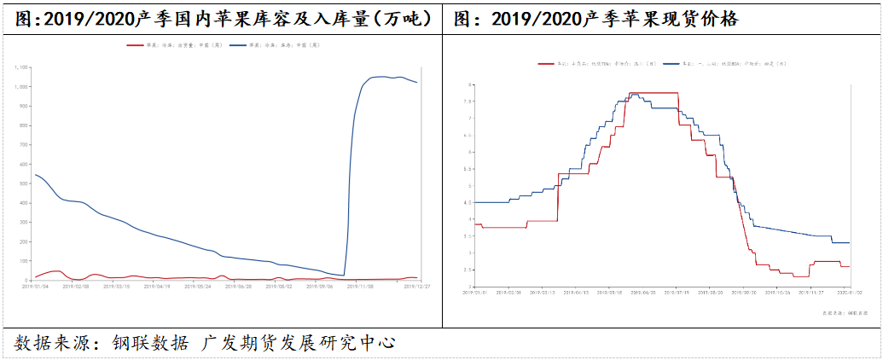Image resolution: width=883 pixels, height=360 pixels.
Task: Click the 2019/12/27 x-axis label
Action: click(x=415, y=287)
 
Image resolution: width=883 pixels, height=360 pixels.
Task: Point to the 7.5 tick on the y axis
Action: click(x=468, y=102)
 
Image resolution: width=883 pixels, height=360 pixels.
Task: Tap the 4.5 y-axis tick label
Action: click(x=468, y=202)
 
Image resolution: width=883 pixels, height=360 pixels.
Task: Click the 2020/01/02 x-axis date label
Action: click(x=848, y=292)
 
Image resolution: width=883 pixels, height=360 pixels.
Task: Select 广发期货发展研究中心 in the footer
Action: click(x=299, y=343)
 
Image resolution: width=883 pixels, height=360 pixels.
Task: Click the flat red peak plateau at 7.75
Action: click(x=654, y=92)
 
